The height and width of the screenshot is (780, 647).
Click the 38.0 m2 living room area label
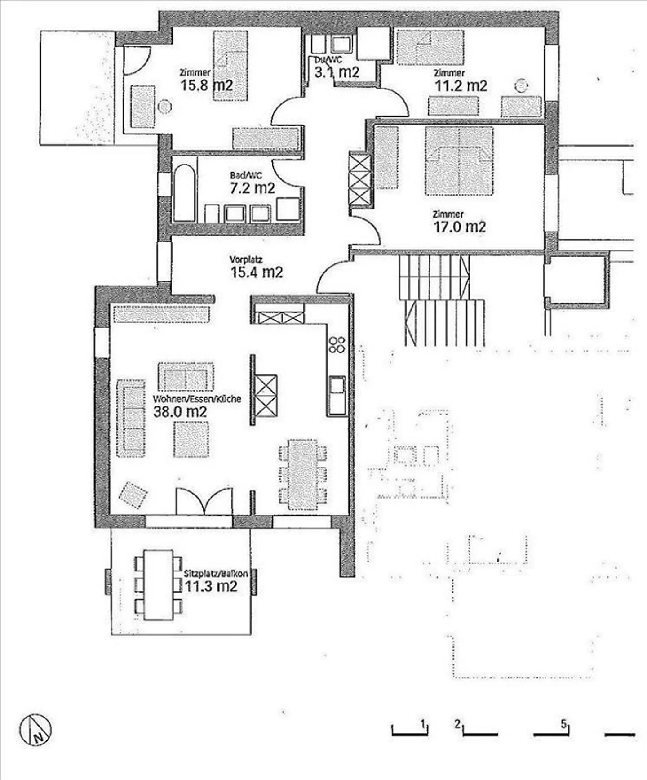click(180, 411)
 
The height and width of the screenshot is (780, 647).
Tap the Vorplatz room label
click(246, 259)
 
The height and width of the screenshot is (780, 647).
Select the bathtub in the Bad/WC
click(184, 193)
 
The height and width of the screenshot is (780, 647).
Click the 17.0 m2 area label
click(459, 227)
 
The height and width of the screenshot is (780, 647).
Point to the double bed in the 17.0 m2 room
click(459, 161)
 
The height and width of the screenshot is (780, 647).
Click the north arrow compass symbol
click(35, 730)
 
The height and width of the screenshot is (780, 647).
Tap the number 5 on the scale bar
click(564, 724)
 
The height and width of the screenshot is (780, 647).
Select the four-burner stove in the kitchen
click(337, 344)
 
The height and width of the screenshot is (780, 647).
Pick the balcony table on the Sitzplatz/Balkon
click(159, 585)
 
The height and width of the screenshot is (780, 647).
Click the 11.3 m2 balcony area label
click(211, 586)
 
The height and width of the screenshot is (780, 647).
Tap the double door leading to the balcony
click(204, 501)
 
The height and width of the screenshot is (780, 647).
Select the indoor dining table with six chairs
click(302, 475)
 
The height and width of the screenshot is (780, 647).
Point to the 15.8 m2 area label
click(207, 85)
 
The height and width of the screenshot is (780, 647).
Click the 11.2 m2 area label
click(461, 85)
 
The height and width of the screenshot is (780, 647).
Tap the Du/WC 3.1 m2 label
click(336, 71)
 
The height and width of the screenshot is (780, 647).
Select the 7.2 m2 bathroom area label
click(252, 188)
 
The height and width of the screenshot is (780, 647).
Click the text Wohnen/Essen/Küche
click(197, 399)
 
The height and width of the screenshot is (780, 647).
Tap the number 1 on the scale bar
click(422, 724)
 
